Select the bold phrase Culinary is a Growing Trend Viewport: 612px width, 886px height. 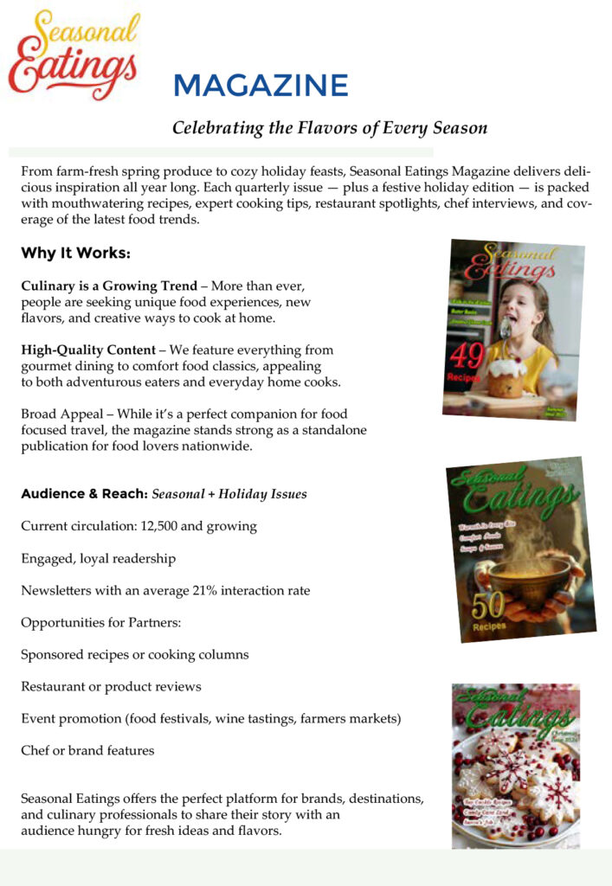109,286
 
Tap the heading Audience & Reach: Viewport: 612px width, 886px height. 83,494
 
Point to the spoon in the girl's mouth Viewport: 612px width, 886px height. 506,326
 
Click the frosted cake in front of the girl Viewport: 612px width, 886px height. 507,377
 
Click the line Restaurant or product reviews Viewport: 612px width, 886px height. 111,687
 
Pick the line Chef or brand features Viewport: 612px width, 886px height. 87,751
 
